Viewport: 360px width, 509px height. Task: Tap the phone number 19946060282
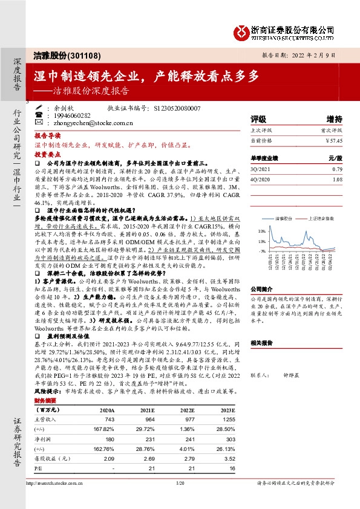[x=72, y=115]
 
